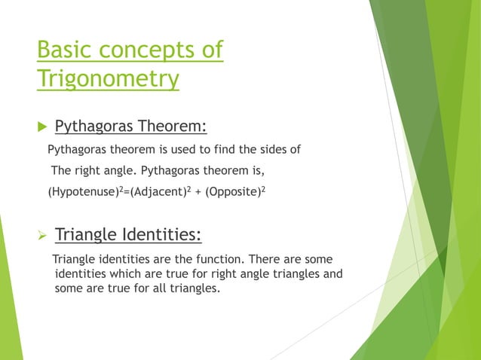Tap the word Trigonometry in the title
(x=108, y=78)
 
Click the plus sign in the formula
(x=201, y=192)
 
